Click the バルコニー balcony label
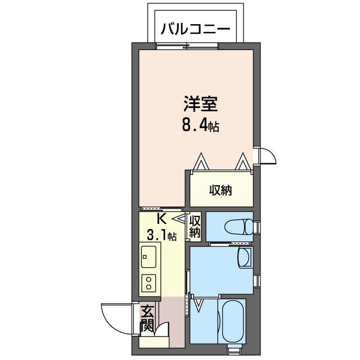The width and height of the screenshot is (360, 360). click(x=196, y=29)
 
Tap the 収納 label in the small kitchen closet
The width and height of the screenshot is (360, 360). click(x=195, y=226)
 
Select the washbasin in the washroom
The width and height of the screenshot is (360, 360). click(x=244, y=258)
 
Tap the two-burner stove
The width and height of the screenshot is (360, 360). click(x=150, y=282)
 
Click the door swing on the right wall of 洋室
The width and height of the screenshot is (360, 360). click(x=265, y=155)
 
